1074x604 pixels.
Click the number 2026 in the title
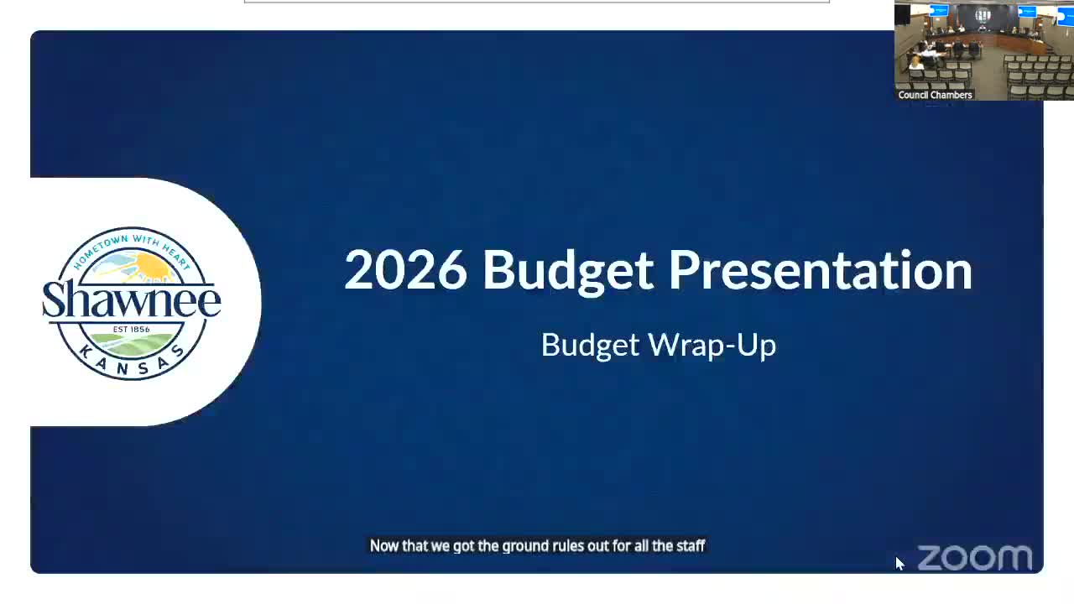(405, 270)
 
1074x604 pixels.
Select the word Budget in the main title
(568, 273)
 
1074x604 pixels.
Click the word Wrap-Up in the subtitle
(712, 345)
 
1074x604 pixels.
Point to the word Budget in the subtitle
(590, 345)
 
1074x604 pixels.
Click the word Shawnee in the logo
(132, 299)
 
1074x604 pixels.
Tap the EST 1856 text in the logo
(132, 330)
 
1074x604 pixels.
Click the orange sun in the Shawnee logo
(151, 267)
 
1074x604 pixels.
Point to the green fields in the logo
(132, 344)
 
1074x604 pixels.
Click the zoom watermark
(975, 558)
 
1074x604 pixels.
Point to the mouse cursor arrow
(899, 563)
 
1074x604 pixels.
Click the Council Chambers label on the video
(935, 95)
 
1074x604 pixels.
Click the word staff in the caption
(691, 545)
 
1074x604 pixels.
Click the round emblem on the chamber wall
(983, 16)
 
